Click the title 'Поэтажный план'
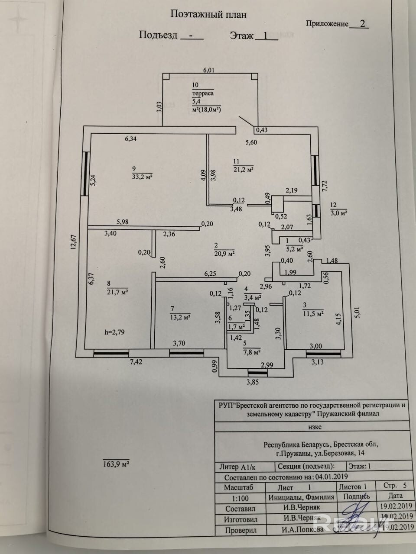pos(208,14)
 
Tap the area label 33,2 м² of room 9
pos(143,177)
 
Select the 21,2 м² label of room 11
pos(243,169)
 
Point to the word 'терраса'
pos(203,93)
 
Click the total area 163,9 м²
pos(116,464)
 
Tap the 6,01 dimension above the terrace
pos(209,70)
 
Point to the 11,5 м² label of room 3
pos(314,313)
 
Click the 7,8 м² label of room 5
pos(251,351)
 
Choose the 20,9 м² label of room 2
pos(224,253)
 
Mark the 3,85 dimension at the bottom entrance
pos(253,382)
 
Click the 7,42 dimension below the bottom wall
pos(136,362)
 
